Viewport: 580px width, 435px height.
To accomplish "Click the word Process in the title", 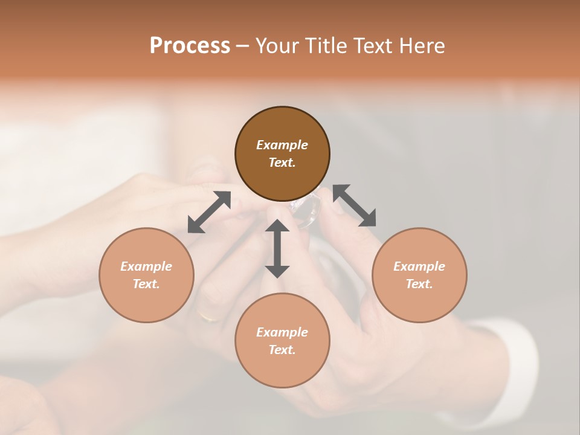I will tap(190, 46).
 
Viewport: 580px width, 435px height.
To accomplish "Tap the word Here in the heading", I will tap(421, 46).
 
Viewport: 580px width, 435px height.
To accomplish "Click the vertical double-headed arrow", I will tap(277, 248).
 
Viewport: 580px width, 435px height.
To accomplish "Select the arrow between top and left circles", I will tap(209, 212).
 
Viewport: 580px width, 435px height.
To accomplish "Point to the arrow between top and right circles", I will tap(354, 205).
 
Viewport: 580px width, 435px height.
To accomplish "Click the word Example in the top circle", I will tap(282, 145).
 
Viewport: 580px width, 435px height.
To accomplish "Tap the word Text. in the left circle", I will tap(146, 284).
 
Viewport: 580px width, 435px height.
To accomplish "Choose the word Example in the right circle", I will tap(419, 266).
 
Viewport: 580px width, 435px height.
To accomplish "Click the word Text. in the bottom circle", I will tap(282, 350).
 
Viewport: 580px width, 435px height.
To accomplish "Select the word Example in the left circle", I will tap(146, 266).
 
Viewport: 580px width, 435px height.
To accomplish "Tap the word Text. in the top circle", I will tap(282, 163).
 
